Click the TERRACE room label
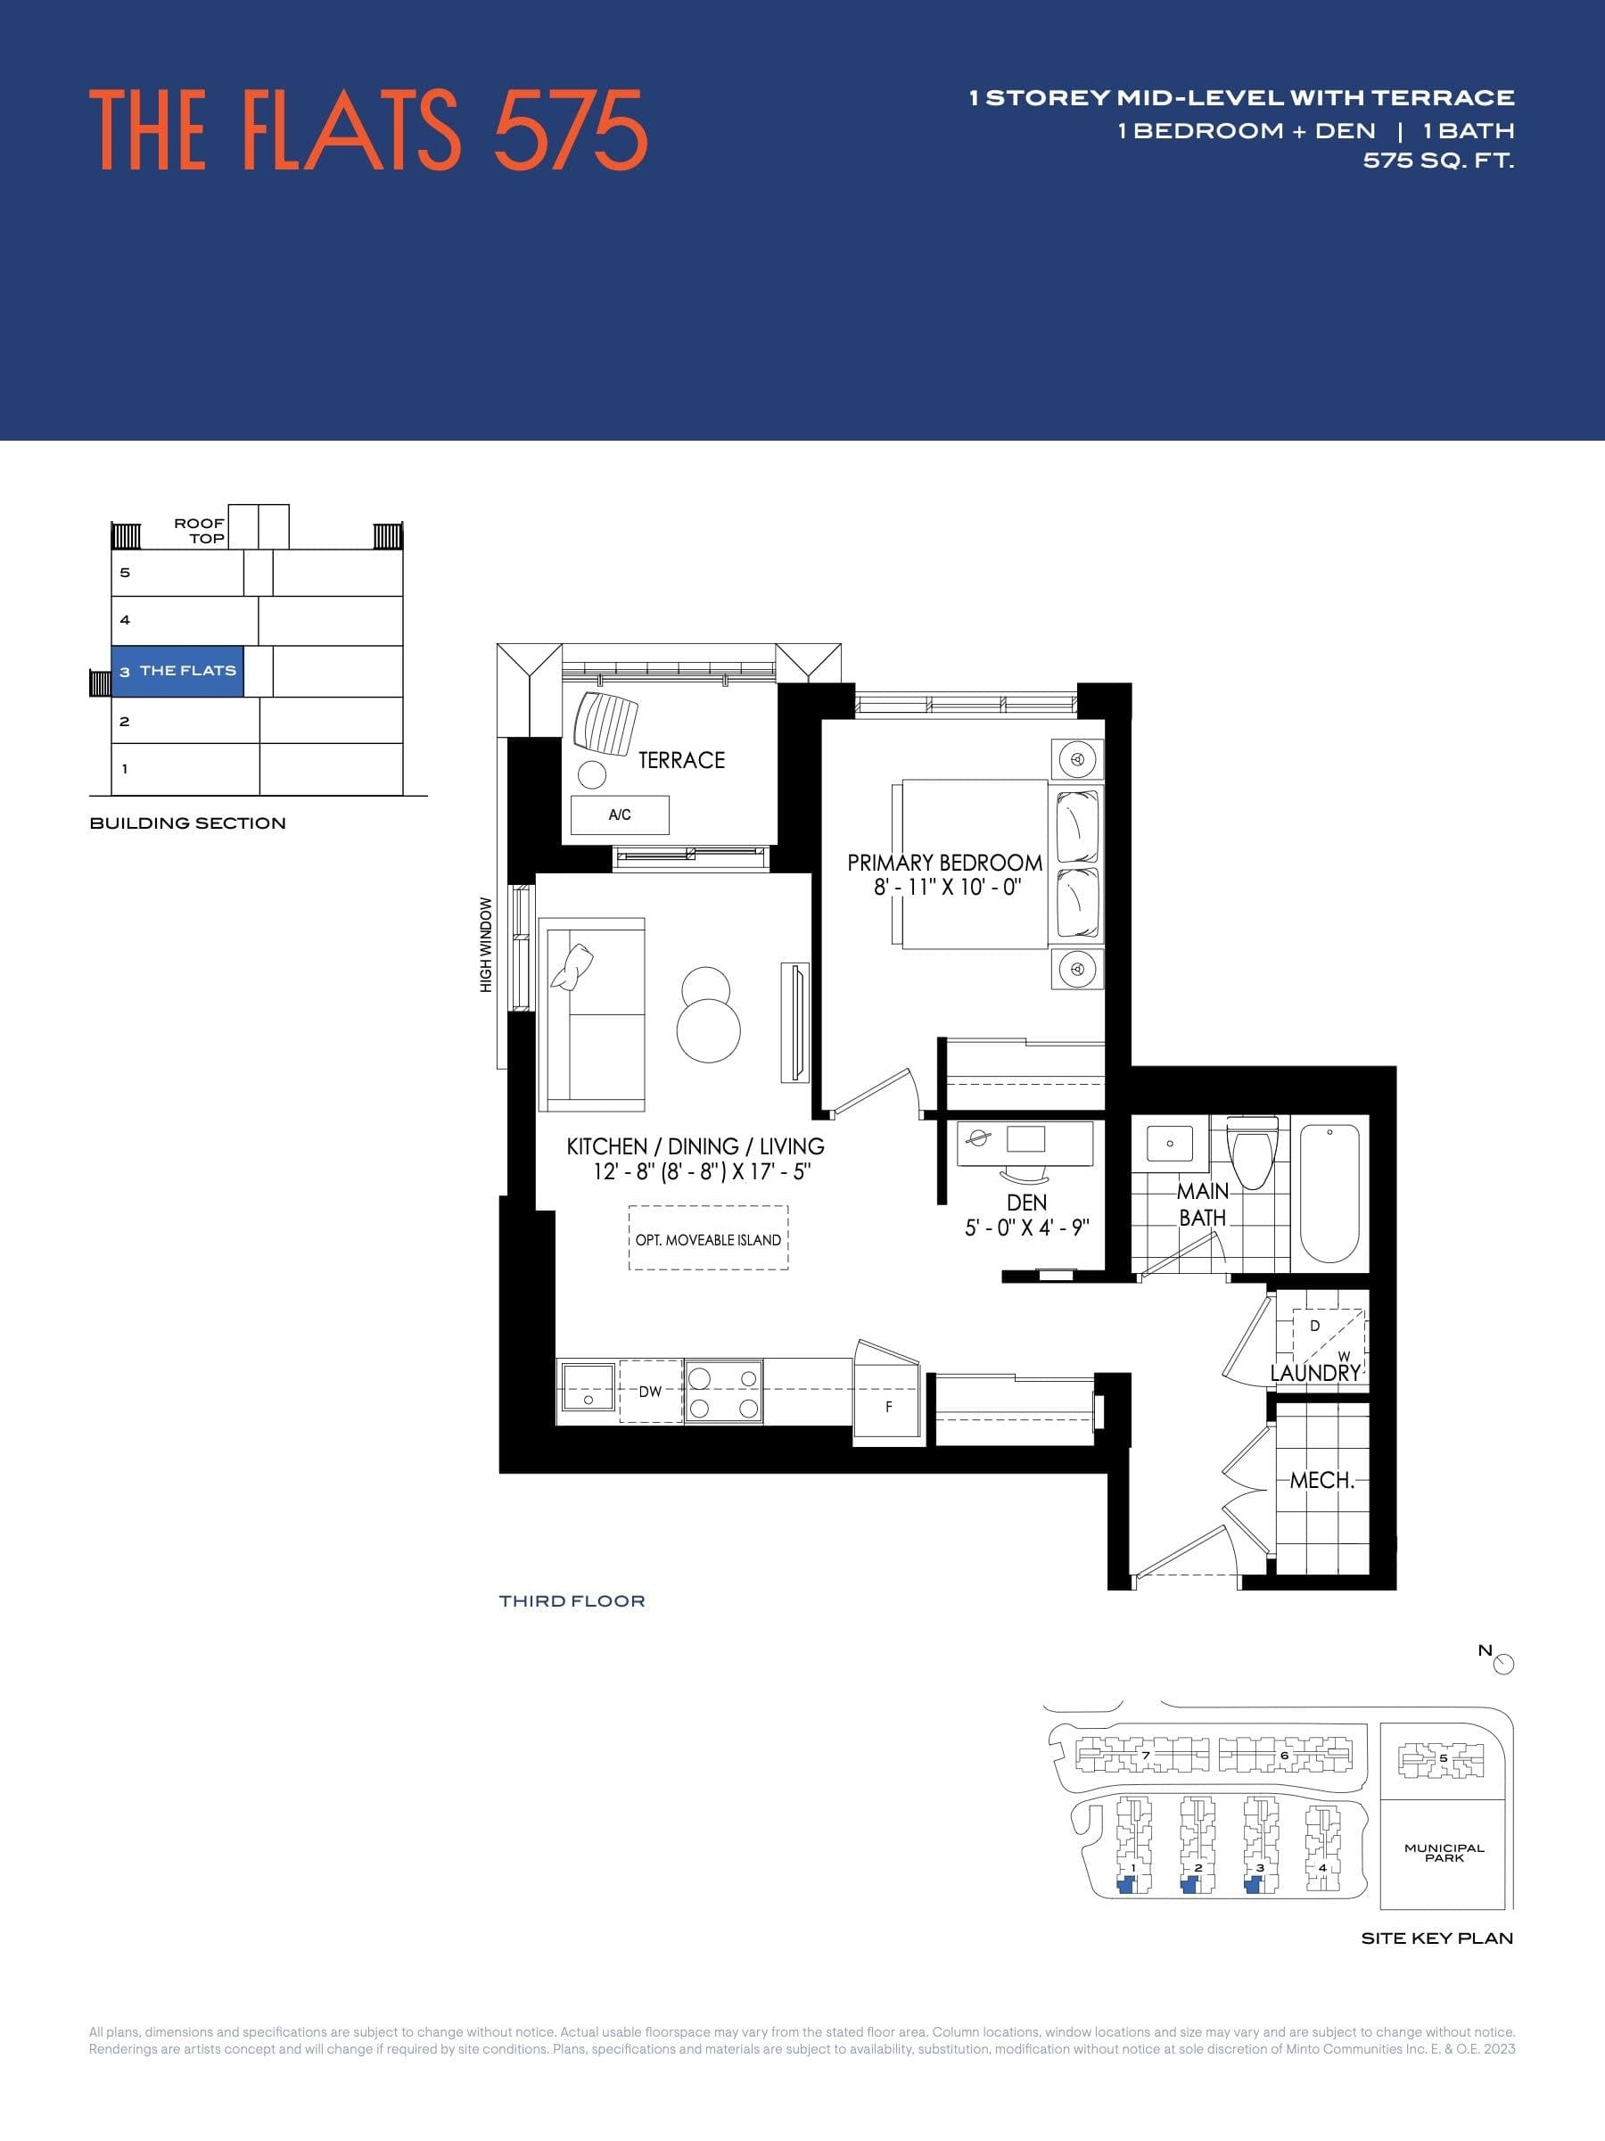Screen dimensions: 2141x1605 point(681,760)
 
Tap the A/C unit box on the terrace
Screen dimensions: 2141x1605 point(619,814)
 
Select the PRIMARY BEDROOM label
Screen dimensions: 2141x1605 point(944,863)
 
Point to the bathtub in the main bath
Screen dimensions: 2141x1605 point(1330,1193)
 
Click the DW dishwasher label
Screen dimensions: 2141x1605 point(650,1392)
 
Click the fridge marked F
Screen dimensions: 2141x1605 point(888,1406)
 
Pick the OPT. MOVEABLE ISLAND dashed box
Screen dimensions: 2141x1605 point(708,1239)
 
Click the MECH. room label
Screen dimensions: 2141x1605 point(1321,1480)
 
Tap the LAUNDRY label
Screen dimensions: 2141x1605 point(1315,1373)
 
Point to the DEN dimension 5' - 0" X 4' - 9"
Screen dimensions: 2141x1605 point(1026,1228)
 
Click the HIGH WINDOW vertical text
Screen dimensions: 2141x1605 point(486,944)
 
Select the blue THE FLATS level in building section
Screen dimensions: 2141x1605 point(178,671)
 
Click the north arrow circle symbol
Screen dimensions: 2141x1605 point(1503,1664)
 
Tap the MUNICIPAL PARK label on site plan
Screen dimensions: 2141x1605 point(1444,1853)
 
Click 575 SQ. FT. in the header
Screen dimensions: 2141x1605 point(1437,161)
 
